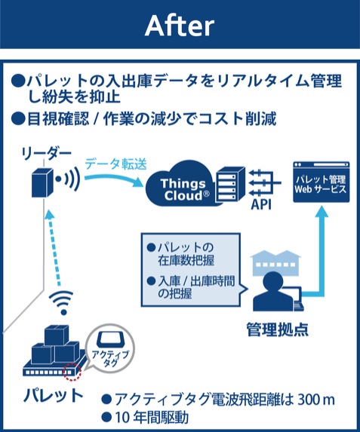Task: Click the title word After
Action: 180,26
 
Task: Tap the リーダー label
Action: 47,153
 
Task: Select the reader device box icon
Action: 42,182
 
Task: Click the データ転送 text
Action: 115,164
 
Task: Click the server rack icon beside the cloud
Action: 231,184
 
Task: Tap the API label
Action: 261,205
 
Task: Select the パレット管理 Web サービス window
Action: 321,182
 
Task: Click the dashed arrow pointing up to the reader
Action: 54,248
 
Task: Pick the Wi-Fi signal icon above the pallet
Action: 61,302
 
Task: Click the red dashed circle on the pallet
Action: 72,372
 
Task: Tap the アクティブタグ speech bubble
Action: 109,348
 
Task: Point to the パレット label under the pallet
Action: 54,396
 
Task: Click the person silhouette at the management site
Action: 272,292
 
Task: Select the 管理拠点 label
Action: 278,329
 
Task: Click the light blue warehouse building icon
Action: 276,262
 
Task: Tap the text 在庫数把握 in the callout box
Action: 186,260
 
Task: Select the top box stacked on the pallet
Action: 57,335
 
